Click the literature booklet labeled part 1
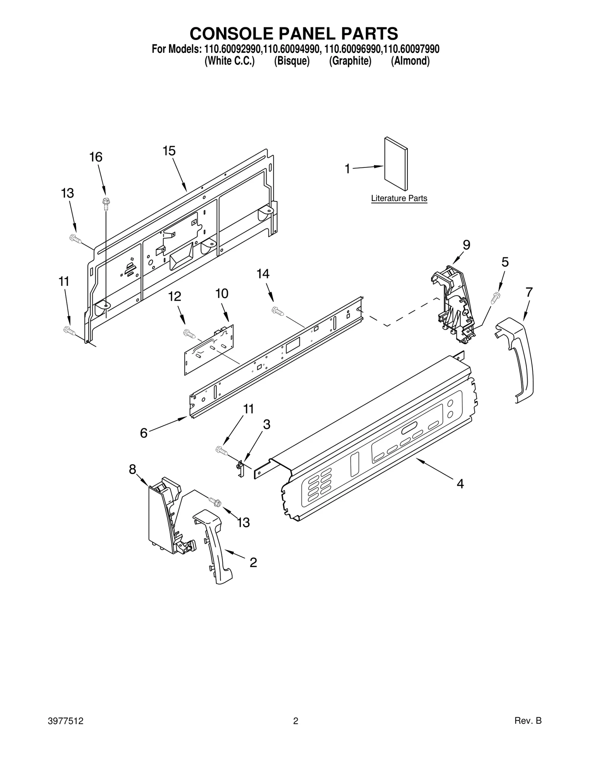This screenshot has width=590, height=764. tap(396, 165)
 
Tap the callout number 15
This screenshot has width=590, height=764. tap(169, 151)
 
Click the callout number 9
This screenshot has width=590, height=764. tap(466, 245)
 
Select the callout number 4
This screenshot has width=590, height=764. tap(460, 484)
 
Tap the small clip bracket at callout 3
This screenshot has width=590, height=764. tap(240, 469)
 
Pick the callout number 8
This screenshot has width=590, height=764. tap(132, 470)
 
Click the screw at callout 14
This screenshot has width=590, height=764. tap(277, 311)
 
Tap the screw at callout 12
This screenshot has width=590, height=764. tap(189, 334)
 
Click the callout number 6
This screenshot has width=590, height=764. tap(143, 433)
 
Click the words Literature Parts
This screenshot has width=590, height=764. tap(399, 198)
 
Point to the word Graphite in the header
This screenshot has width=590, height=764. tap(350, 61)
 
